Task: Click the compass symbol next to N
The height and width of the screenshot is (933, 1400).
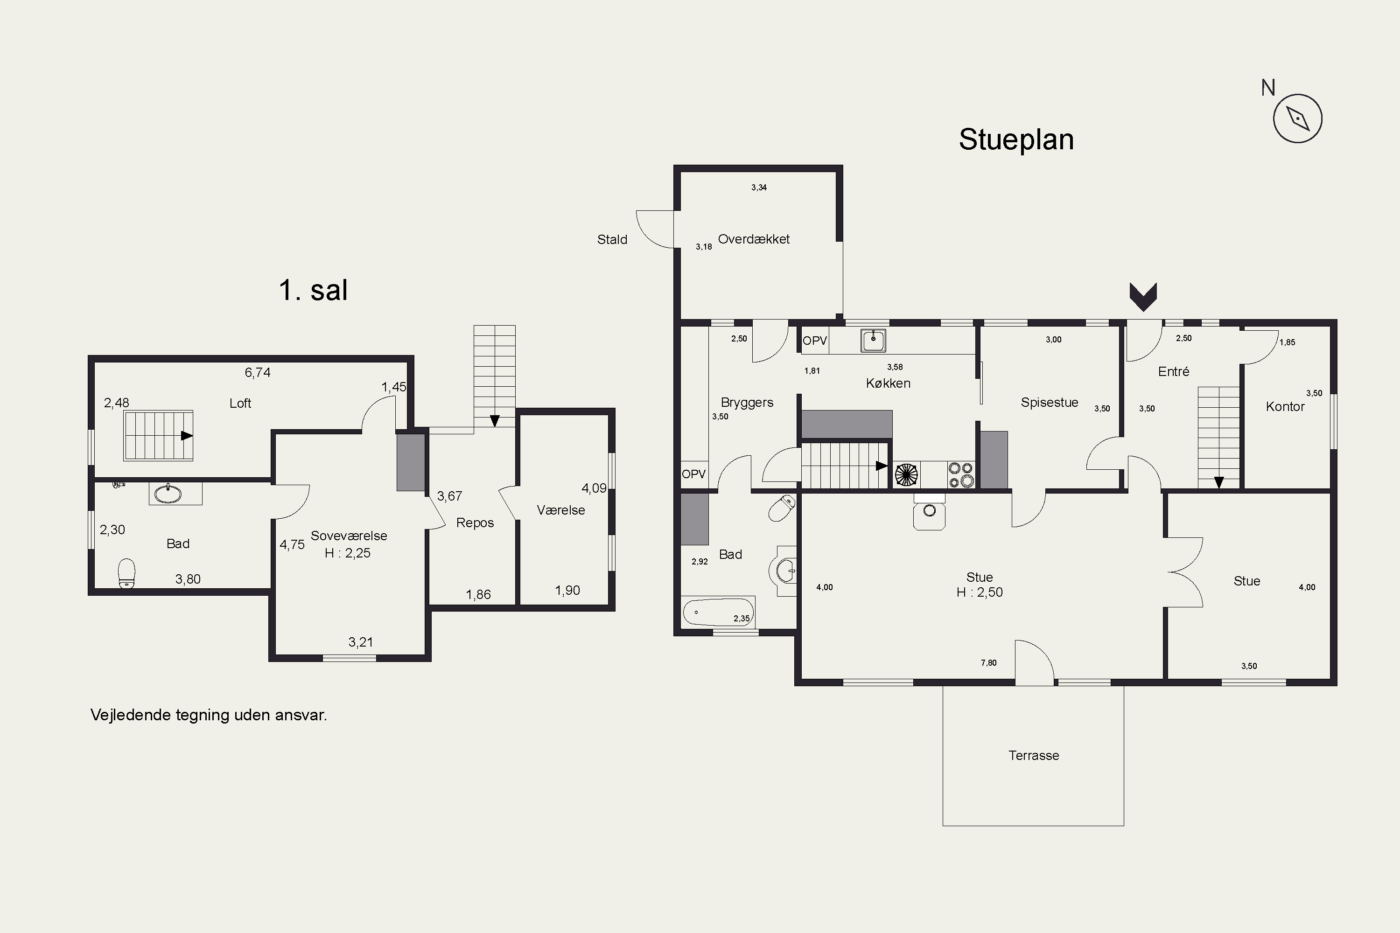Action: coord(1298,118)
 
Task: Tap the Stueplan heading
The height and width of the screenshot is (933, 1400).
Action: coord(1016,140)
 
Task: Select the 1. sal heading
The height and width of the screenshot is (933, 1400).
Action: coord(313,290)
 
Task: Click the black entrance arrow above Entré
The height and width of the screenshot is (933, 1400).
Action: coord(1143,297)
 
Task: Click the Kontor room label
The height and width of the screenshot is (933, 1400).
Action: coord(1285,406)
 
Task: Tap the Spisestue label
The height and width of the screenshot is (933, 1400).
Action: coord(1050,402)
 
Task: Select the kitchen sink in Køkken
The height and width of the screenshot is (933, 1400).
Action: coord(873,341)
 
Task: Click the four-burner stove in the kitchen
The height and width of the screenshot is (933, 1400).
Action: coord(961,475)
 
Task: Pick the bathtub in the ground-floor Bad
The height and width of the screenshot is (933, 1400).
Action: coord(718,612)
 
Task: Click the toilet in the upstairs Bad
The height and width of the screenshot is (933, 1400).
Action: coord(126,573)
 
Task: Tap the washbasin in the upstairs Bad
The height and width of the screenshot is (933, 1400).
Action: coord(168,493)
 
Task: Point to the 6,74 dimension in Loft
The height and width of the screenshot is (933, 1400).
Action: coord(258,372)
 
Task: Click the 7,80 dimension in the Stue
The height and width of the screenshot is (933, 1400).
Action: coord(989,662)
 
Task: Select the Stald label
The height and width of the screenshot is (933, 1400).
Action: coord(612,239)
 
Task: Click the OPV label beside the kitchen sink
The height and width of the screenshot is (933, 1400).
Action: coord(815,341)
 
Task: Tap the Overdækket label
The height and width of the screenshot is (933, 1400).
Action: coord(754,239)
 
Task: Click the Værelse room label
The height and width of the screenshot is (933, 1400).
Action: coord(561,510)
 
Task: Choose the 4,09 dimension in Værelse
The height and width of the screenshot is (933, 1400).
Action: coord(594,488)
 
